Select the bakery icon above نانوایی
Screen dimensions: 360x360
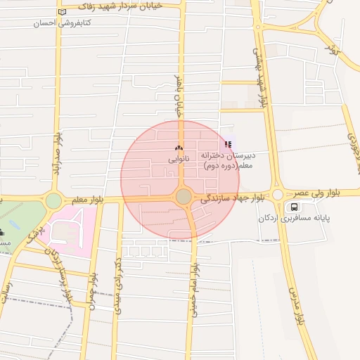click(178, 148)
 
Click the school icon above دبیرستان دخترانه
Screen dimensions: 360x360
click(226, 144)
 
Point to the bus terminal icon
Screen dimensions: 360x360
click(293, 207)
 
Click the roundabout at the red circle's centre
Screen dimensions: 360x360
click(184, 197)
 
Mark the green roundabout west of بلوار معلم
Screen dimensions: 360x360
click(54, 201)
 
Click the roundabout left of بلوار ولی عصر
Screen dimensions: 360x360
click(278, 195)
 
